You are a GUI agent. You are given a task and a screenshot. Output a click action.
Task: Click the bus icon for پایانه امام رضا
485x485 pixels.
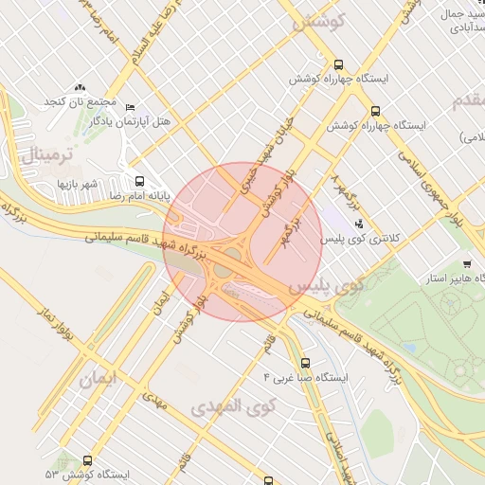[x=139, y=181]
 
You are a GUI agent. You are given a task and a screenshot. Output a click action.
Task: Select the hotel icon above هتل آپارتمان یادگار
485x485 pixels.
[x=130, y=107]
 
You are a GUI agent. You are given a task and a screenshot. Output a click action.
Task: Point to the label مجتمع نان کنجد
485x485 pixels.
[x=79, y=101]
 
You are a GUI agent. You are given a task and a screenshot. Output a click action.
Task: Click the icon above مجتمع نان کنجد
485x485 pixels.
[x=80, y=87]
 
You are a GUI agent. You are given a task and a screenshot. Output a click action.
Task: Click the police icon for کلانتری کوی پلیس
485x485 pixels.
[x=358, y=224]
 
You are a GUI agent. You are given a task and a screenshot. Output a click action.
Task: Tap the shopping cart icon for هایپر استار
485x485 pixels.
[x=466, y=264]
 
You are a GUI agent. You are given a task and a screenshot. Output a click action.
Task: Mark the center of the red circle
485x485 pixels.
[x=238, y=242]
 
